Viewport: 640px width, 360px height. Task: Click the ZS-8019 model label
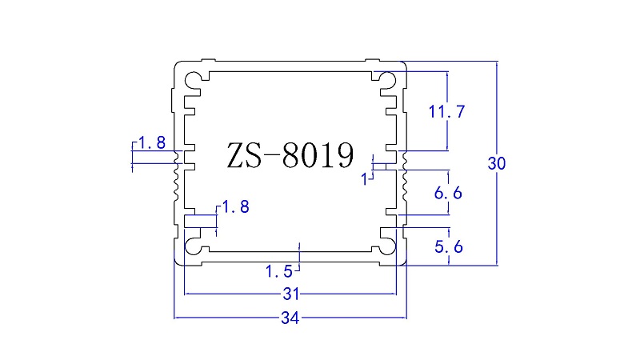click(290, 156)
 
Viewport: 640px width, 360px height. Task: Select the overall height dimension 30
click(496, 164)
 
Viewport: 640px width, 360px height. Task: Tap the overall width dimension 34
click(290, 318)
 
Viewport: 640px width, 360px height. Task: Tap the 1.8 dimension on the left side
click(151, 144)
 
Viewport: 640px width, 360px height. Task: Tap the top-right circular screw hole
click(387, 79)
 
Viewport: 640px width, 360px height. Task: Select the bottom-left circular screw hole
click(194, 246)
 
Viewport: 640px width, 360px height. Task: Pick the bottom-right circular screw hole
click(387, 246)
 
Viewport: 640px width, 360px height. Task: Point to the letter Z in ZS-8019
click(236, 156)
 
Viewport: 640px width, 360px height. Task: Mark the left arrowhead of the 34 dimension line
click(177, 318)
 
